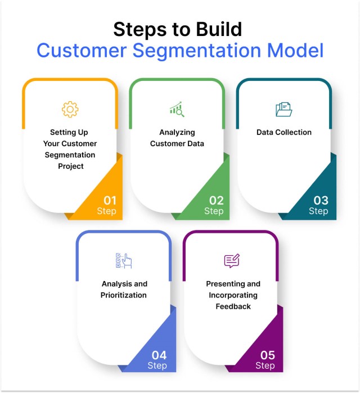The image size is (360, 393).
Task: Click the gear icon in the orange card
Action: pyautogui.click(x=70, y=109)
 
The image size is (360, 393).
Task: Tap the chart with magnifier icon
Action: pyautogui.click(x=177, y=109)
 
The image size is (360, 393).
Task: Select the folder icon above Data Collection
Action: pyautogui.click(x=283, y=109)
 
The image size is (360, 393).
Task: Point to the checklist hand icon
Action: pyautogui.click(x=123, y=260)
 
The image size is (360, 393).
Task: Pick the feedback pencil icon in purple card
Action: pyautogui.click(x=231, y=260)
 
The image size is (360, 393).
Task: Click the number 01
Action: pyautogui.click(x=110, y=200)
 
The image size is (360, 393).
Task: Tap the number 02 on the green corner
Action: pyautogui.click(x=217, y=200)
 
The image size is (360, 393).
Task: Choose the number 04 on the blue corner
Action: pyautogui.click(x=159, y=355)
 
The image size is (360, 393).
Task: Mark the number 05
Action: pyautogui.click(x=267, y=355)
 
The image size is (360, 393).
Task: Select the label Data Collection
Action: pyautogui.click(x=284, y=132)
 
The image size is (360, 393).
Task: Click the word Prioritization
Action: pyautogui.click(x=124, y=295)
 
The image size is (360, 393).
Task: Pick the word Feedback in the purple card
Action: pyautogui.click(x=233, y=306)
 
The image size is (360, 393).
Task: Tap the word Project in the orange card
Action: pyautogui.click(x=70, y=166)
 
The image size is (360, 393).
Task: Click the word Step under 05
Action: pyautogui.click(x=265, y=366)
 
